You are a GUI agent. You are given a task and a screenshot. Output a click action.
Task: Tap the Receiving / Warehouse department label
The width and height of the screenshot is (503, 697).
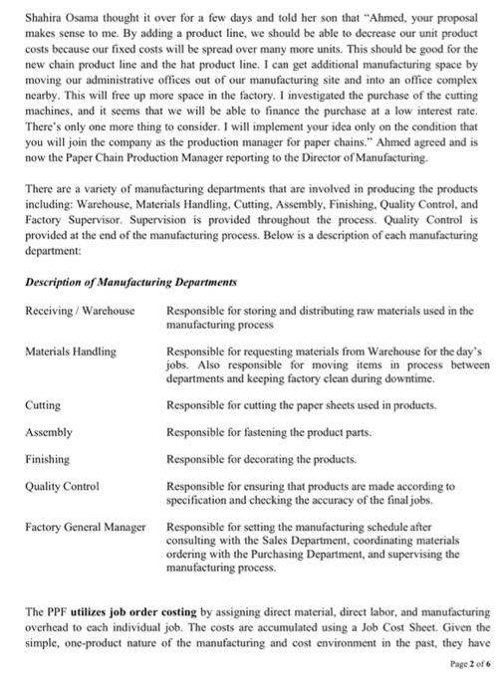coord(80,312)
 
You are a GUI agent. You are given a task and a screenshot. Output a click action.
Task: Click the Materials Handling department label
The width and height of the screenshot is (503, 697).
coord(71,351)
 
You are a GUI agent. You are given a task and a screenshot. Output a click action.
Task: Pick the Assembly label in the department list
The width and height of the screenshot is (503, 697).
coord(49,432)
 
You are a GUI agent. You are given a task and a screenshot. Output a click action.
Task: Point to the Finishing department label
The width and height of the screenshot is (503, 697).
coord(48,459)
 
